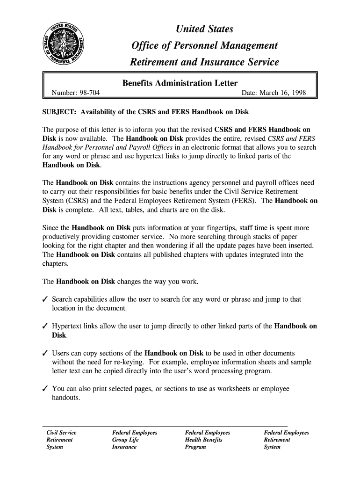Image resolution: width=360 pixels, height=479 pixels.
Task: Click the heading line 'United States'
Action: pos(204,30)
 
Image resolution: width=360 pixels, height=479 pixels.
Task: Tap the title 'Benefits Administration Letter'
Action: pos(180,83)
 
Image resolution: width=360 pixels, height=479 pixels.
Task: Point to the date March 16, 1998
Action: pos(274,93)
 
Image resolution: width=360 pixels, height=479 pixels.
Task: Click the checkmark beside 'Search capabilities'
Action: pos(46,299)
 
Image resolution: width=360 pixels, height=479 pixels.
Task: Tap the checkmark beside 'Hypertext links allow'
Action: pos(46,327)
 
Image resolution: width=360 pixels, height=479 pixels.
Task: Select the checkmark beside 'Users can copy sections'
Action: pos(46,353)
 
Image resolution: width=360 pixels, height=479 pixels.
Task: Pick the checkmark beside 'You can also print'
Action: pos(46,389)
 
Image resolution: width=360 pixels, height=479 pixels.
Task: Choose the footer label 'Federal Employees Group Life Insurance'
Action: pos(135,440)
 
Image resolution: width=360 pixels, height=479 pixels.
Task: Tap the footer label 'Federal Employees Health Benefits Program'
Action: pos(208,440)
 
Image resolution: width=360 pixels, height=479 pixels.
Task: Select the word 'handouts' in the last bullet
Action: pos(66,398)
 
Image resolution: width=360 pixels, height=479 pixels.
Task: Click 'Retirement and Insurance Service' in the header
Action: pos(204,62)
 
